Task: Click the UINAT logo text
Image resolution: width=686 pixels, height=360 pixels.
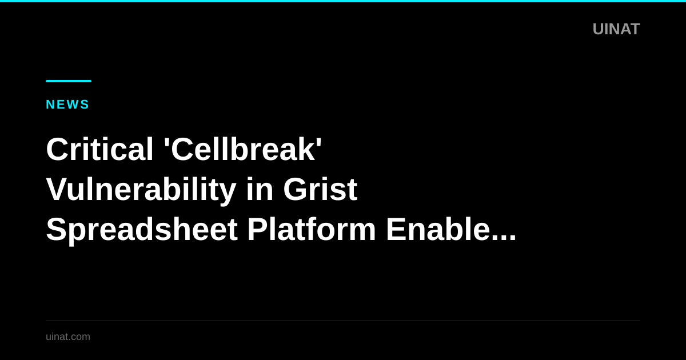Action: tap(616, 29)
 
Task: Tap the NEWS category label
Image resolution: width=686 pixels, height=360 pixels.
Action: tap(67, 105)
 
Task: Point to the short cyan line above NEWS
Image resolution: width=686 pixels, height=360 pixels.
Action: tap(69, 81)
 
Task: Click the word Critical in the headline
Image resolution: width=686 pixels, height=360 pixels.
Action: tap(99, 149)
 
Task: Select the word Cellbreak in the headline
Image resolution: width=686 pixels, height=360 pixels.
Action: tap(242, 149)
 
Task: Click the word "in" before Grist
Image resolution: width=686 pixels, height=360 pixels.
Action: tap(258, 189)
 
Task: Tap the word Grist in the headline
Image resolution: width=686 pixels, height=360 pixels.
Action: tap(320, 189)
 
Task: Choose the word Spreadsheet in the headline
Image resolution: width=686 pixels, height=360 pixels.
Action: tap(141, 229)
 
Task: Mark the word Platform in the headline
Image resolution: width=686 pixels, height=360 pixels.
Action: tap(311, 229)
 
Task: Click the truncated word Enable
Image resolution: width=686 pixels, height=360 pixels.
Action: tap(437, 229)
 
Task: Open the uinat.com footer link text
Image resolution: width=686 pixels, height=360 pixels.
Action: tap(68, 337)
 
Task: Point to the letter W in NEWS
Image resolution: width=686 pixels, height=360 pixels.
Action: tap(71, 105)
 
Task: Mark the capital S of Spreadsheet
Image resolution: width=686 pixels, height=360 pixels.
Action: tap(56, 229)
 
